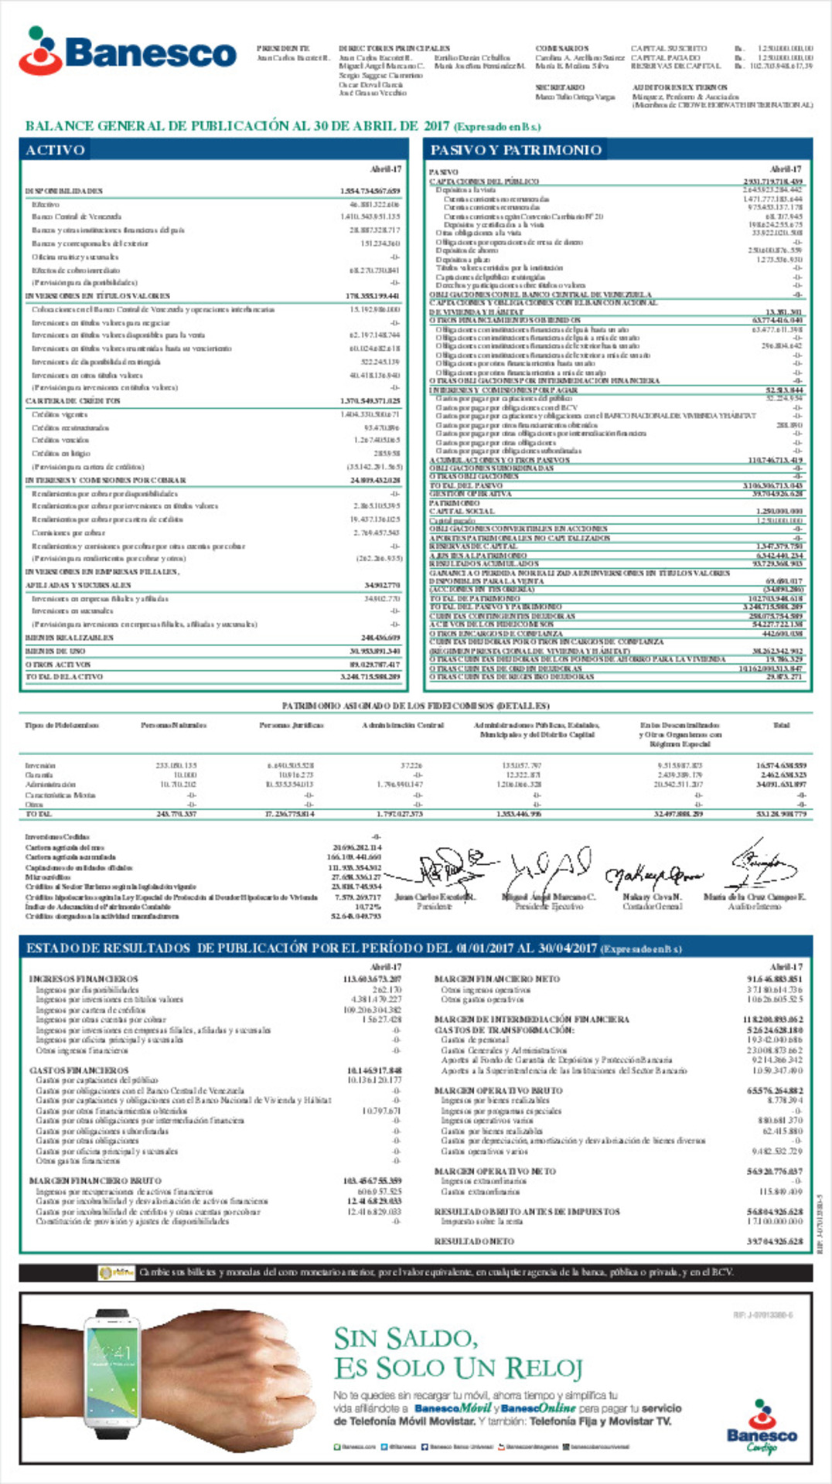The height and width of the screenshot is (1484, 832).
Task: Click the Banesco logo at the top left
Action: [128, 51]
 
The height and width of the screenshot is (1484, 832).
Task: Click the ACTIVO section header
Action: [55, 150]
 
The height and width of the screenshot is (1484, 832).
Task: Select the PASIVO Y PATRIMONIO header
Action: [516, 150]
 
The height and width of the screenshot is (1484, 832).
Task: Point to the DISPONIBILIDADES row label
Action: [64, 191]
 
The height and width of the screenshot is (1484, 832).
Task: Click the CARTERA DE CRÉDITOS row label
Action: [73, 401]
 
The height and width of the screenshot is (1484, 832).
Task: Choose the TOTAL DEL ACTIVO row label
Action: [64, 677]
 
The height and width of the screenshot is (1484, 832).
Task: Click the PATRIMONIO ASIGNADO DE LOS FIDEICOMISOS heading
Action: [415, 706]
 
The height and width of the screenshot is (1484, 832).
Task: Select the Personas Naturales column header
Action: [173, 725]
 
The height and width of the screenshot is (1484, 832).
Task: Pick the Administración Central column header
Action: [402, 725]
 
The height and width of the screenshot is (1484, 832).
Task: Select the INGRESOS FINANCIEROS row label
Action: [84, 979]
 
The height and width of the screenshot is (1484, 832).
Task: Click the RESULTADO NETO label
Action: [474, 1241]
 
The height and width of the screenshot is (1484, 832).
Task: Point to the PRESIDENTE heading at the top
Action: [283, 49]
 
